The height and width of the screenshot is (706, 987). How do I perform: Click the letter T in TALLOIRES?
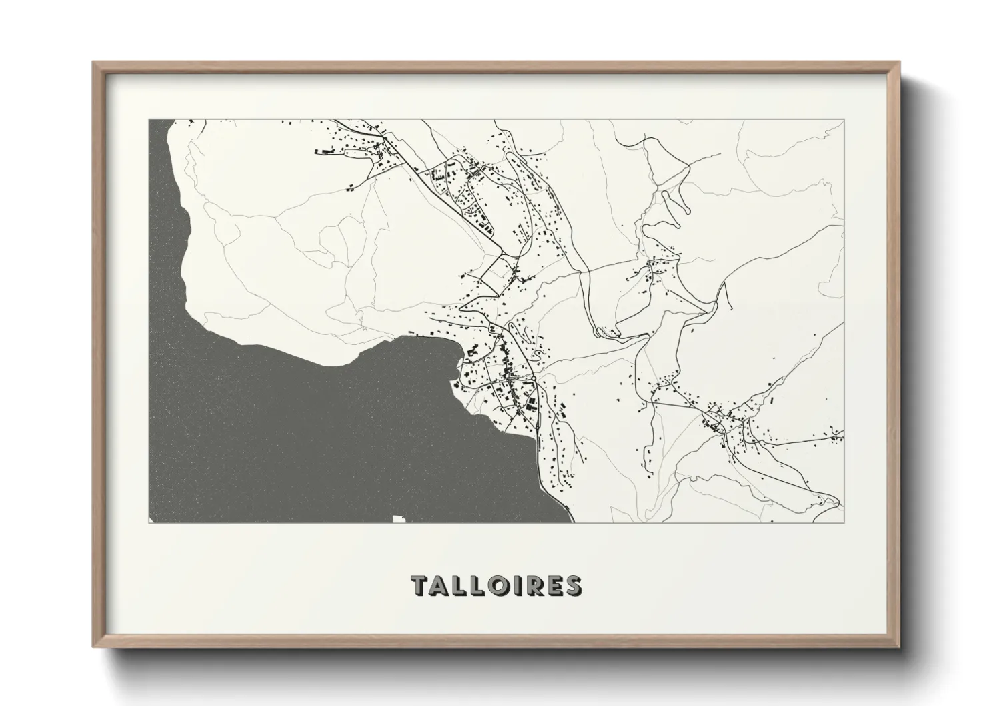tap(421, 585)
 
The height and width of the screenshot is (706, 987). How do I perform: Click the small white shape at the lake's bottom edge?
tap(399, 518)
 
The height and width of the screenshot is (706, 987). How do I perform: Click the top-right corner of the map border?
tap(844, 120)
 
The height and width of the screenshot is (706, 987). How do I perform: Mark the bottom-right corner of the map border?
tap(844, 522)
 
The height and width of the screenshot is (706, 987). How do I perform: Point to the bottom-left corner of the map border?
tap(149, 522)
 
